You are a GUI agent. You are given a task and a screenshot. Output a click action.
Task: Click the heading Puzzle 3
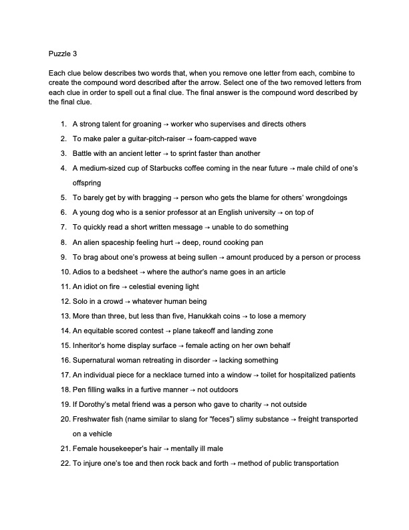click(x=63, y=54)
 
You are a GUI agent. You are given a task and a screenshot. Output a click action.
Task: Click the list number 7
click(x=63, y=227)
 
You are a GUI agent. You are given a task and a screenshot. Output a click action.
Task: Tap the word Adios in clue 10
click(x=82, y=272)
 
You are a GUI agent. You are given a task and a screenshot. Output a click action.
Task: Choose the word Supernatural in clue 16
click(x=94, y=360)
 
